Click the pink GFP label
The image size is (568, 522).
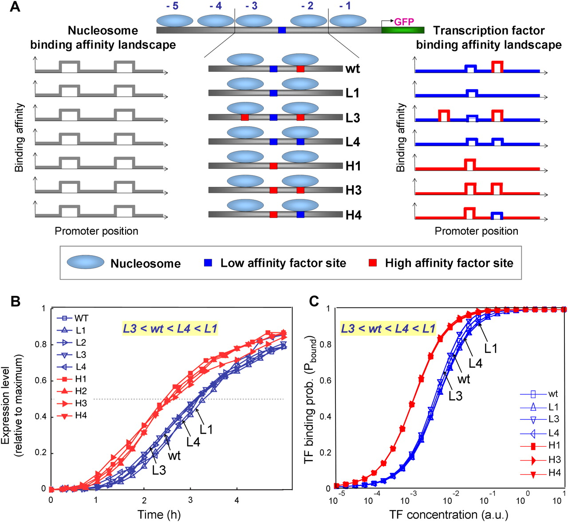click(x=404, y=22)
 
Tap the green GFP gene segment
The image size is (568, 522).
click(x=402, y=30)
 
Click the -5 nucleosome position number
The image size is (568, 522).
click(x=172, y=6)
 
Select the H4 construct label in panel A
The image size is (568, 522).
click(x=353, y=215)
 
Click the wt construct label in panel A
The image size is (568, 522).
click(x=352, y=69)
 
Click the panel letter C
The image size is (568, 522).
click(x=314, y=301)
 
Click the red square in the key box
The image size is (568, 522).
click(x=373, y=263)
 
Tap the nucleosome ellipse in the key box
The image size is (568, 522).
click(x=86, y=262)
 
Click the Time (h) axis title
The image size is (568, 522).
click(x=159, y=514)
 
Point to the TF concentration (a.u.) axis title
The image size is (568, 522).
click(x=449, y=514)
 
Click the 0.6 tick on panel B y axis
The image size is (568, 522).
click(x=41, y=465)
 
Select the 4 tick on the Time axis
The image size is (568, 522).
click(x=237, y=500)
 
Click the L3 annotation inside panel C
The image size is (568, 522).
click(x=455, y=396)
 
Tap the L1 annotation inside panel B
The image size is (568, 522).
click(x=206, y=429)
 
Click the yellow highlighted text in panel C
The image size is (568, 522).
click(x=388, y=329)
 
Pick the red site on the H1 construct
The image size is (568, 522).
click(x=273, y=166)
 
